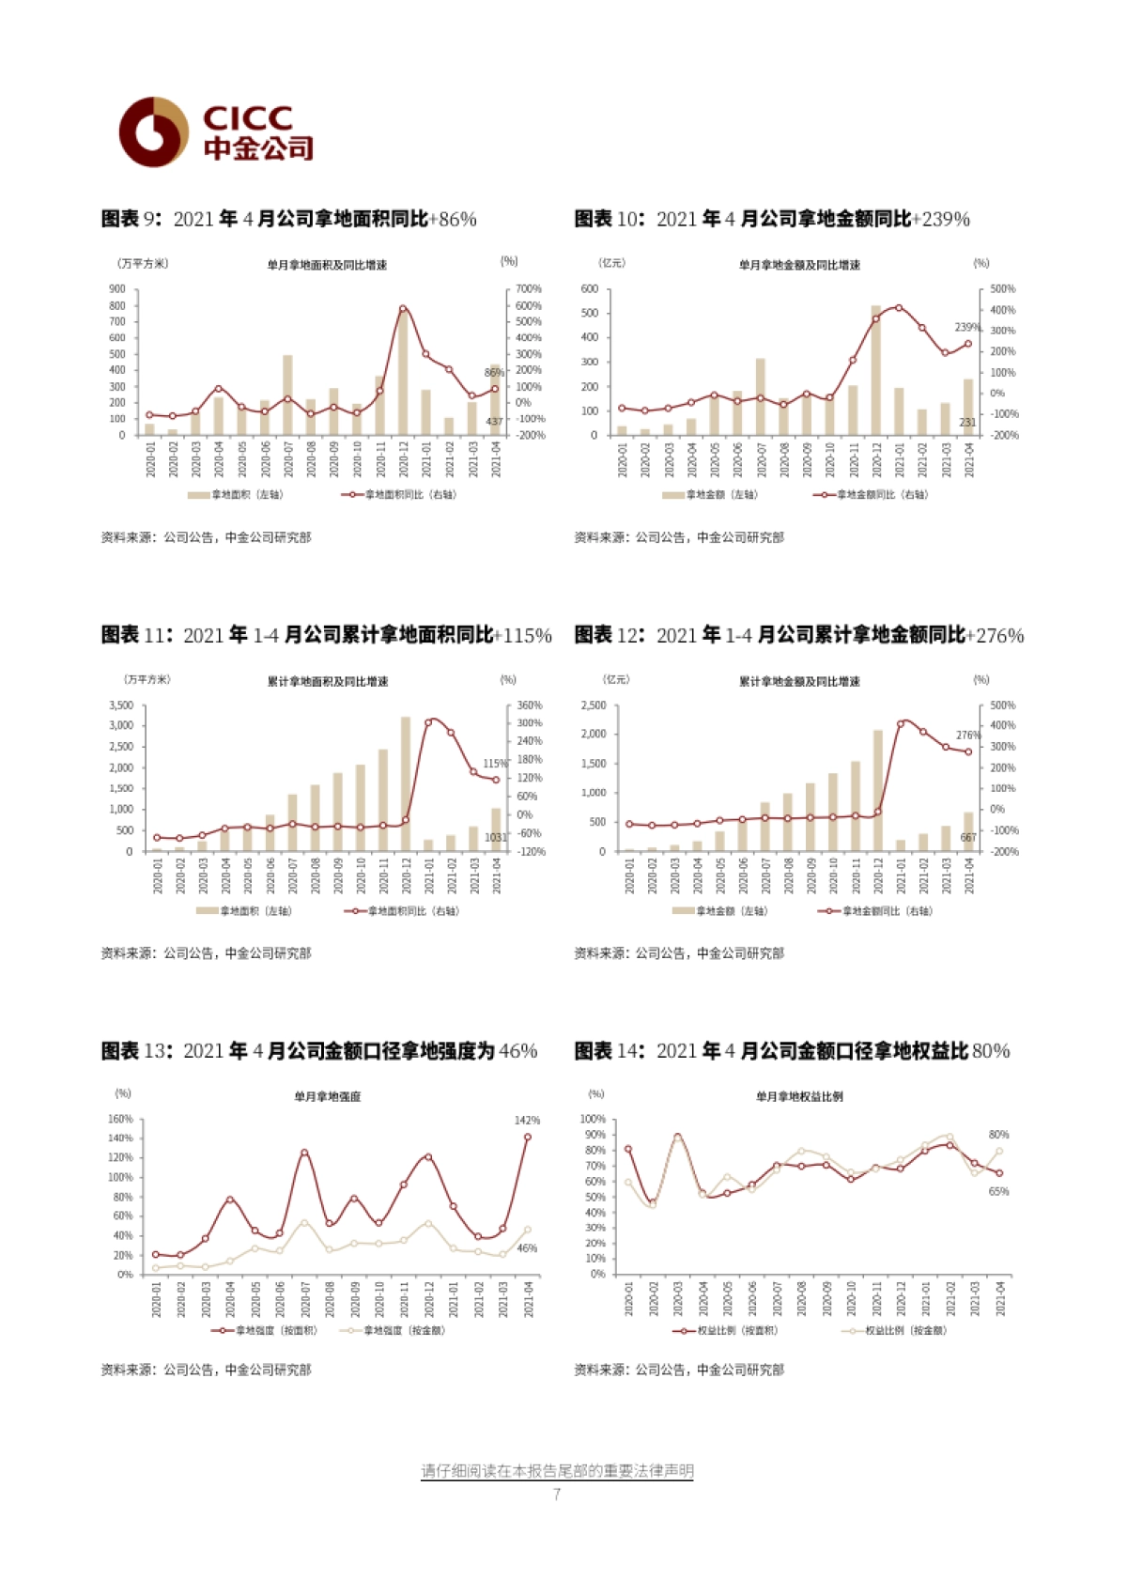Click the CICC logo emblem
[x=153, y=132]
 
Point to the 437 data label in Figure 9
[x=494, y=422]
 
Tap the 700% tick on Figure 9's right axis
[x=529, y=289]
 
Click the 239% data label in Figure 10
[x=967, y=328]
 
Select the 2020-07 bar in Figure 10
[x=760, y=396]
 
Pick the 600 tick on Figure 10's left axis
[x=589, y=289]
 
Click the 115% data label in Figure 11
[x=495, y=764]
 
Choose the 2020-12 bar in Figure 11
[x=406, y=784]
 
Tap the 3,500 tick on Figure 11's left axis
[x=121, y=705]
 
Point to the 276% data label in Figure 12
[x=967, y=736]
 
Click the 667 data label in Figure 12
[x=968, y=837]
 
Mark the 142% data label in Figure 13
[x=527, y=1121]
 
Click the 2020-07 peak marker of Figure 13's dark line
[x=304, y=1153]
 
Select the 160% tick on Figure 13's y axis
[x=121, y=1120]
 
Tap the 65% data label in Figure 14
[x=998, y=1192]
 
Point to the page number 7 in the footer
[x=557, y=1494]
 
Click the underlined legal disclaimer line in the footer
[x=557, y=1471]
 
